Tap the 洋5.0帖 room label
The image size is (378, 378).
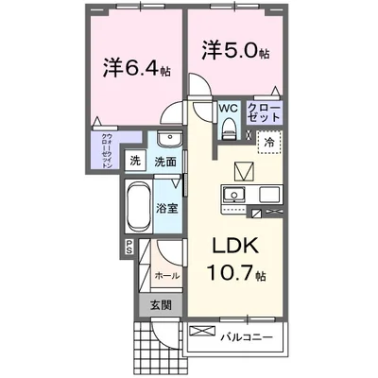232,47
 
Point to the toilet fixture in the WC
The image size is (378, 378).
228,129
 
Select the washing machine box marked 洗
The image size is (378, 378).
135,161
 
